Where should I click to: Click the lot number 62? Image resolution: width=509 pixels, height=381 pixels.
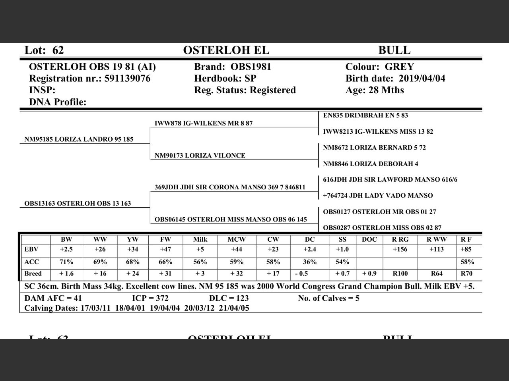[x=58, y=50]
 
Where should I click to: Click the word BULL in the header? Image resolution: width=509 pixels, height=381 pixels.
[x=394, y=50]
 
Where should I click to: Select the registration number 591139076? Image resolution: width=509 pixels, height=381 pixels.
[x=127, y=79]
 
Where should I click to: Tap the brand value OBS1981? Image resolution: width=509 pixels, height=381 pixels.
[x=251, y=67]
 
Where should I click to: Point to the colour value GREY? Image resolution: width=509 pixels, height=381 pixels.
[x=399, y=67]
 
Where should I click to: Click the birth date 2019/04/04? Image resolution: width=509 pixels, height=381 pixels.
[x=422, y=79]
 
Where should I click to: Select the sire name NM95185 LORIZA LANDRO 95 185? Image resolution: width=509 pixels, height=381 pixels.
[x=79, y=139]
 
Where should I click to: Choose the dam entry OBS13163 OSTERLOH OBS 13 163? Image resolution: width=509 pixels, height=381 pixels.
[x=78, y=204]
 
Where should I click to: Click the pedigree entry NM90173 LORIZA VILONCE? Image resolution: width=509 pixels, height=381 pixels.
[x=200, y=156]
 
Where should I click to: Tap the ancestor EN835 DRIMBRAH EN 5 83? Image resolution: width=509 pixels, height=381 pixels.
[x=365, y=115]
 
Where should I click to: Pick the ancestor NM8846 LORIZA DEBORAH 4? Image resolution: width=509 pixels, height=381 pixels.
[x=370, y=164]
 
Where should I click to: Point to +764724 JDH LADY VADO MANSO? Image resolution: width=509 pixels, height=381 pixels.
[x=378, y=196]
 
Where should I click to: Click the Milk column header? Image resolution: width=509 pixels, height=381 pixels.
[x=200, y=240]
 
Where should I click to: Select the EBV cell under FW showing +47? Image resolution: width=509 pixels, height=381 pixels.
[x=165, y=250]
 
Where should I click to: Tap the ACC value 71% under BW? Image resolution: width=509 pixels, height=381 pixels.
[x=66, y=262]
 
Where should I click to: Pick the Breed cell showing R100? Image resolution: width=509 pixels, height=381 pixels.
[x=400, y=274]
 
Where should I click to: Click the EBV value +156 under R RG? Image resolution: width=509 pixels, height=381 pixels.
[x=400, y=250]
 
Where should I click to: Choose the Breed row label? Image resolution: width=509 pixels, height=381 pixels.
[x=33, y=274]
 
